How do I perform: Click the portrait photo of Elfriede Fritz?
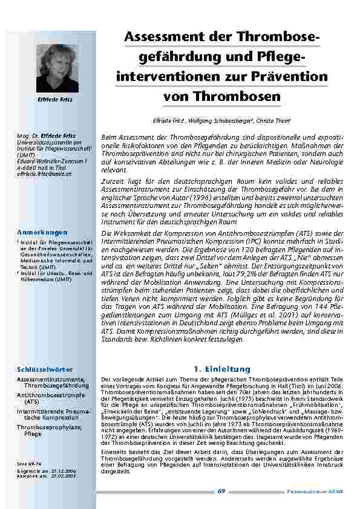[57, 68]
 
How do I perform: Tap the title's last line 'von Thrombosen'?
[221, 97]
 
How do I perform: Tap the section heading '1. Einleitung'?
[222, 369]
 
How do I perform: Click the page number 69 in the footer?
[221, 491]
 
